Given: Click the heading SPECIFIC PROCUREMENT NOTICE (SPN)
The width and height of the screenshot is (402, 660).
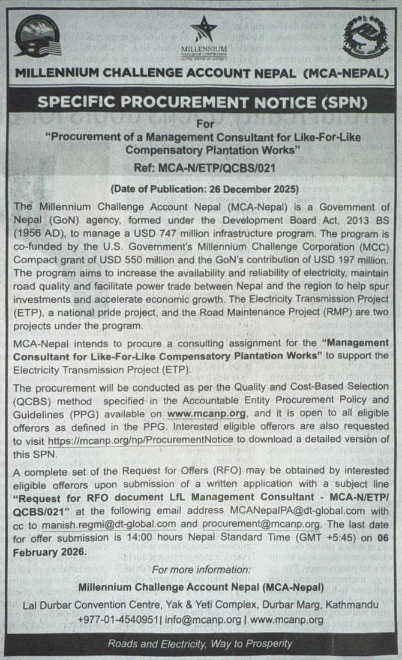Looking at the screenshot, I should [x=200, y=103].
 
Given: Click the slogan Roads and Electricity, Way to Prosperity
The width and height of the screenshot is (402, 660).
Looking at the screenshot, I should [x=200, y=644].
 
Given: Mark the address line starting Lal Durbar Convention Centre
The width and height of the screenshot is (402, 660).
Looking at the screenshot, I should [x=200, y=605].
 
